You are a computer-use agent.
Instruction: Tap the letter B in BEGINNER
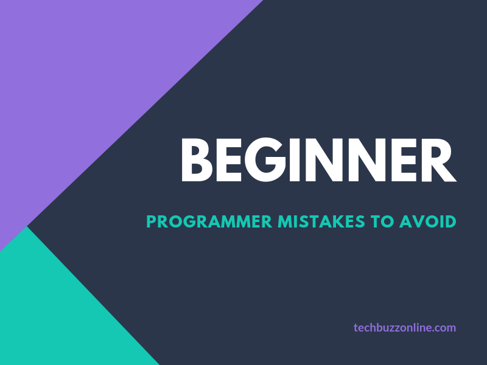pyautogui.click(x=197, y=160)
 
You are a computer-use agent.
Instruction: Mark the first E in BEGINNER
pyautogui.click(x=231, y=160)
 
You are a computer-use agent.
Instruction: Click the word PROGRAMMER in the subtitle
pyautogui.click(x=209, y=221)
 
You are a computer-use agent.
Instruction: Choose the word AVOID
pyautogui.click(x=427, y=221)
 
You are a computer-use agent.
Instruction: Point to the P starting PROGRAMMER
pyautogui.click(x=152, y=221)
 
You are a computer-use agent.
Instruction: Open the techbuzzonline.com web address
pyautogui.click(x=405, y=327)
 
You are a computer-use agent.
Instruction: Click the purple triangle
pyautogui.click(x=91, y=91)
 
